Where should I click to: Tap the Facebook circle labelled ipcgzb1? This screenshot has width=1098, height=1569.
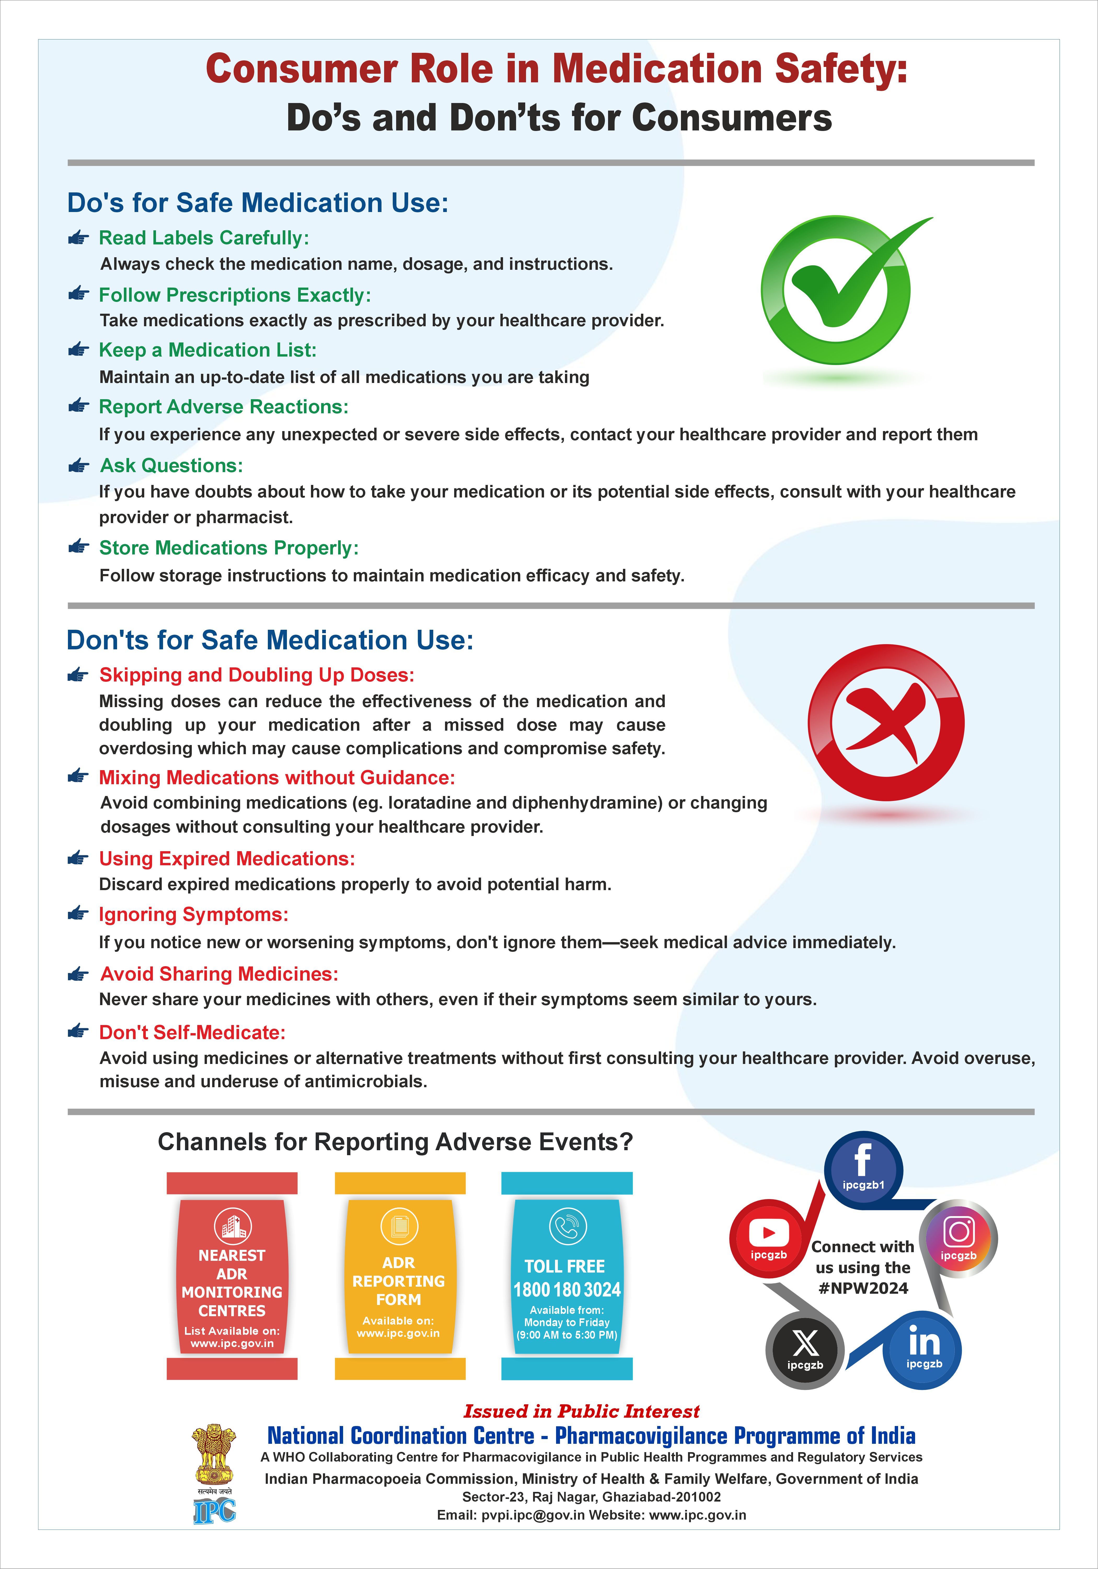point(863,1169)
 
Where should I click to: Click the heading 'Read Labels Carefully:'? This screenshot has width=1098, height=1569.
point(204,238)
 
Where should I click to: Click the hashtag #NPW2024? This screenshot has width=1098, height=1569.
point(863,1288)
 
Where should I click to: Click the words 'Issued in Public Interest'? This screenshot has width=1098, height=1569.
point(581,1411)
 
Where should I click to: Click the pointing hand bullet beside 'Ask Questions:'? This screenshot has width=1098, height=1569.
point(79,466)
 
